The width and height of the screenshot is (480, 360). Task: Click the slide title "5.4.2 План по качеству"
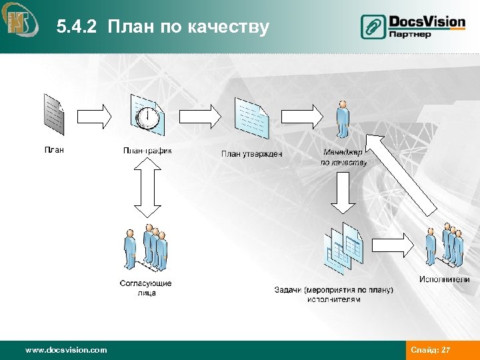click(x=163, y=27)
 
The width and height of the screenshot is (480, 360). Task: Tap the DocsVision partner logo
click(x=413, y=27)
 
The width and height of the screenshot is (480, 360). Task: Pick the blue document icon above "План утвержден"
click(x=252, y=117)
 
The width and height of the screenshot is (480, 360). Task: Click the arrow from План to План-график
click(x=95, y=116)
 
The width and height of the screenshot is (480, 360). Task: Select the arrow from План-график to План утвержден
click(x=199, y=116)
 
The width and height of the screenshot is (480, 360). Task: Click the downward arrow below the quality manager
click(x=343, y=192)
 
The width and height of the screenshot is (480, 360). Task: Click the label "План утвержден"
click(x=251, y=154)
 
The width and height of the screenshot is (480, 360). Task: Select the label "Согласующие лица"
click(x=145, y=288)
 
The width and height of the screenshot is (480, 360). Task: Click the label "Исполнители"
click(x=445, y=279)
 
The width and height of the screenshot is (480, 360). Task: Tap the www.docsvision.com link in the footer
click(x=65, y=349)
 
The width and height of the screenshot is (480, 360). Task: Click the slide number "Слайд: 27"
click(x=431, y=349)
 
